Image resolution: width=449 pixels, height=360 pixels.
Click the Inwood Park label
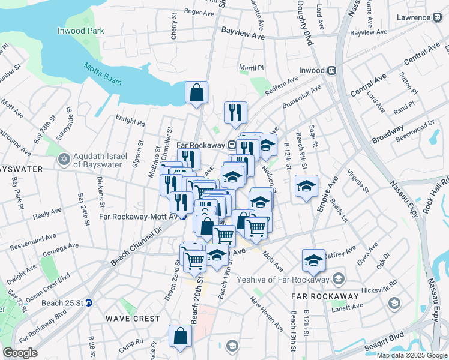tap(80, 31)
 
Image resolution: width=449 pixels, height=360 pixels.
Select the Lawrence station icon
tap(435, 17)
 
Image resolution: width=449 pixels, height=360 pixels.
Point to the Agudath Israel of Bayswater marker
tap(64, 160)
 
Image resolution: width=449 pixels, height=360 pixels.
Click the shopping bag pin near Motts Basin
tap(196, 93)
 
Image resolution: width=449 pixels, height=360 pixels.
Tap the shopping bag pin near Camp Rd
tap(180, 337)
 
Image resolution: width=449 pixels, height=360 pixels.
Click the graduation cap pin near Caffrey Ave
tap(313, 260)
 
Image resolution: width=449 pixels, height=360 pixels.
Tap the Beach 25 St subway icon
tap(88, 303)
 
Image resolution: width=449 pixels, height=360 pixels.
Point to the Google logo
tap(20, 353)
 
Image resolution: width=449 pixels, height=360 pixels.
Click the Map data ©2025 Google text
tap(412, 355)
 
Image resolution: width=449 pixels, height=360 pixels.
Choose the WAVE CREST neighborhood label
tap(133, 319)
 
